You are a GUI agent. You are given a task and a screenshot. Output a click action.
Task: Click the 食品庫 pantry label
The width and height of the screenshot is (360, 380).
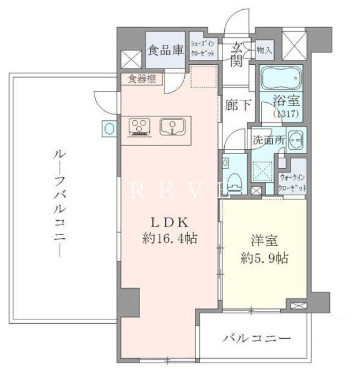[x=165, y=51]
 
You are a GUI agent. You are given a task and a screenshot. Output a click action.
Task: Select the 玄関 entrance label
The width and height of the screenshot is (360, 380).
[x=237, y=54]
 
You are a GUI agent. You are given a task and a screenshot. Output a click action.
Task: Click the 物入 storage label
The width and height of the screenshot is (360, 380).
[x=264, y=50]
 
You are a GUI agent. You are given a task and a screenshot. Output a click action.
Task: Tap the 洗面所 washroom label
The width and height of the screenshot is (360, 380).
[x=268, y=139]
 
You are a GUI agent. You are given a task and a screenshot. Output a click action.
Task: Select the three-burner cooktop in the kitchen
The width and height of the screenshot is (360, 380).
[x=141, y=127]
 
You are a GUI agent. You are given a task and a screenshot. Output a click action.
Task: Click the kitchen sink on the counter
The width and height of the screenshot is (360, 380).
[x=172, y=126]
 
